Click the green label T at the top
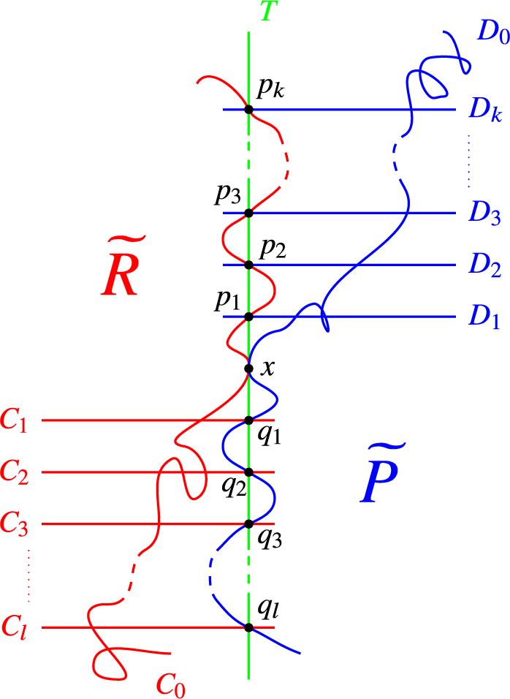click(268, 12)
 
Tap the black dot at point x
click(248, 369)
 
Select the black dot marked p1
click(248, 317)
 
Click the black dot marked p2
click(248, 265)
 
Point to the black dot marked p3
click(248, 213)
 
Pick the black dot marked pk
click(248, 110)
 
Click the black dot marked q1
click(248, 420)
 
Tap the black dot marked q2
click(248, 472)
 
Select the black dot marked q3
click(248, 524)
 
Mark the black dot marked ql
click(248, 627)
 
